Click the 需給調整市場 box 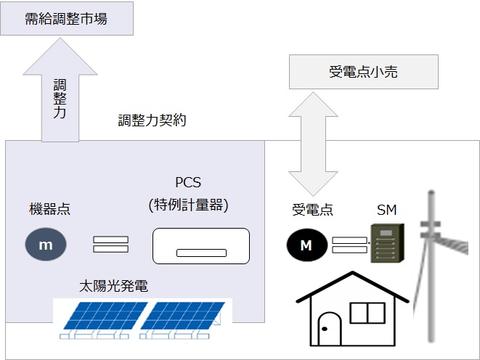(67, 18)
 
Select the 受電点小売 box (364, 73)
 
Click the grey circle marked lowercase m (46, 245)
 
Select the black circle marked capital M (306, 245)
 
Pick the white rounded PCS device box (200, 245)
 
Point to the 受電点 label (312, 210)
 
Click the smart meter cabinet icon (387, 242)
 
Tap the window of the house (367, 313)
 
